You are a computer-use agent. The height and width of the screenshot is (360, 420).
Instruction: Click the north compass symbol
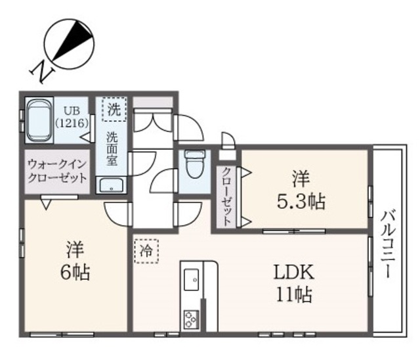point(70,44)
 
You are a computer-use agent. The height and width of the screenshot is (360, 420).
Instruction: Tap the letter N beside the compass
point(43,72)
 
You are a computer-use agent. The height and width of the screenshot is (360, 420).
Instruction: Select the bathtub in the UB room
point(39,121)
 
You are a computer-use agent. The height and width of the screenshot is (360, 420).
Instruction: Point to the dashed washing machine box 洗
point(114,109)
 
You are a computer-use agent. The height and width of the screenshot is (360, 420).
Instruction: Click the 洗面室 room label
point(112,148)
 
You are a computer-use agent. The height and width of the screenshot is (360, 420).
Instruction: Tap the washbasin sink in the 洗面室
point(112,185)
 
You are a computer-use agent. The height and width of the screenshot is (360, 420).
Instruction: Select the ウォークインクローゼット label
point(57,171)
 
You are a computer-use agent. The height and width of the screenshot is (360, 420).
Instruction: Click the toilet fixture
point(195,164)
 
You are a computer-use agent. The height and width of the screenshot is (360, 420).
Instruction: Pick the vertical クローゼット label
point(226,196)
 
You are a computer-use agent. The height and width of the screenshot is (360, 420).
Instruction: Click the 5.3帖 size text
point(301,202)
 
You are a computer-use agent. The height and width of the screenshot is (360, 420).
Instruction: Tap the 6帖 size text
point(75,273)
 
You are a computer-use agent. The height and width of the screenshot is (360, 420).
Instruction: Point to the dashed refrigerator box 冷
point(146,252)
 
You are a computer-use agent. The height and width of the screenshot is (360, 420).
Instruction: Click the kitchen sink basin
point(192,280)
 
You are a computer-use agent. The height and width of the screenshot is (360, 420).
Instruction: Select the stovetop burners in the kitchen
point(191,319)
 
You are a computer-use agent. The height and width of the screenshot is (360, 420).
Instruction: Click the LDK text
point(293,273)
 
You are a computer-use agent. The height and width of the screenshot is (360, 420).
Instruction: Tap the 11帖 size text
point(295,294)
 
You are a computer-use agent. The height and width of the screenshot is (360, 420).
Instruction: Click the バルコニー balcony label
point(388,244)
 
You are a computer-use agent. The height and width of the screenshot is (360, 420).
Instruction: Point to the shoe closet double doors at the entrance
point(153,120)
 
